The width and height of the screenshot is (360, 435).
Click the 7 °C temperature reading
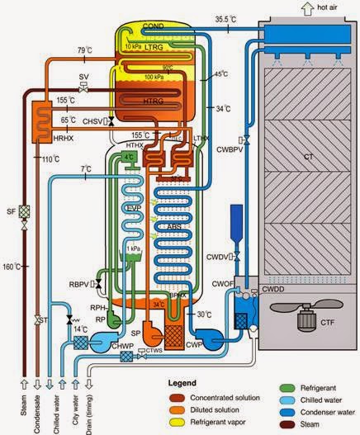[86, 169]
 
